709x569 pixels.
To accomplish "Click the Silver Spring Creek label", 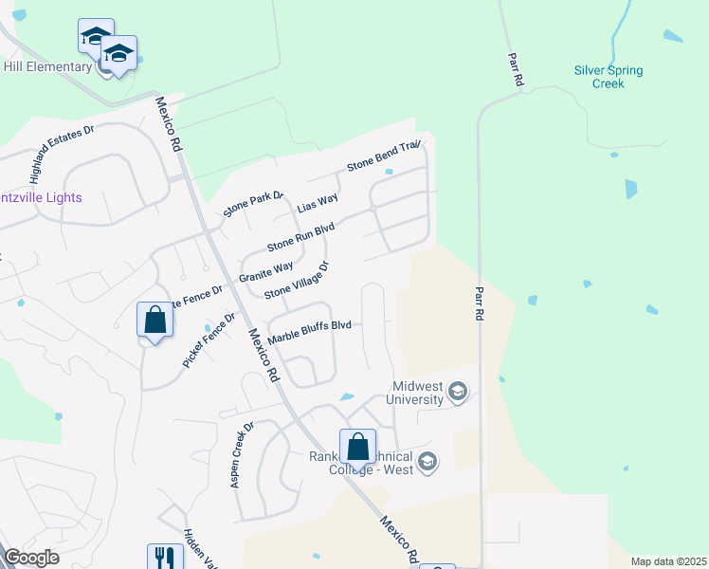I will [608, 77].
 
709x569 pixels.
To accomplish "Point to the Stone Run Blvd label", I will [300, 231].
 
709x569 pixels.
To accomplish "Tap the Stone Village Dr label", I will [296, 280].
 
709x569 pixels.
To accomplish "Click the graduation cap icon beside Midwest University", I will [458, 391].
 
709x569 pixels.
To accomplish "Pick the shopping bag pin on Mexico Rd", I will [357, 447].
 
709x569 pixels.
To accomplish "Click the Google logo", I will [32, 558].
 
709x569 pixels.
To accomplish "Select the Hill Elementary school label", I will [45, 66].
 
